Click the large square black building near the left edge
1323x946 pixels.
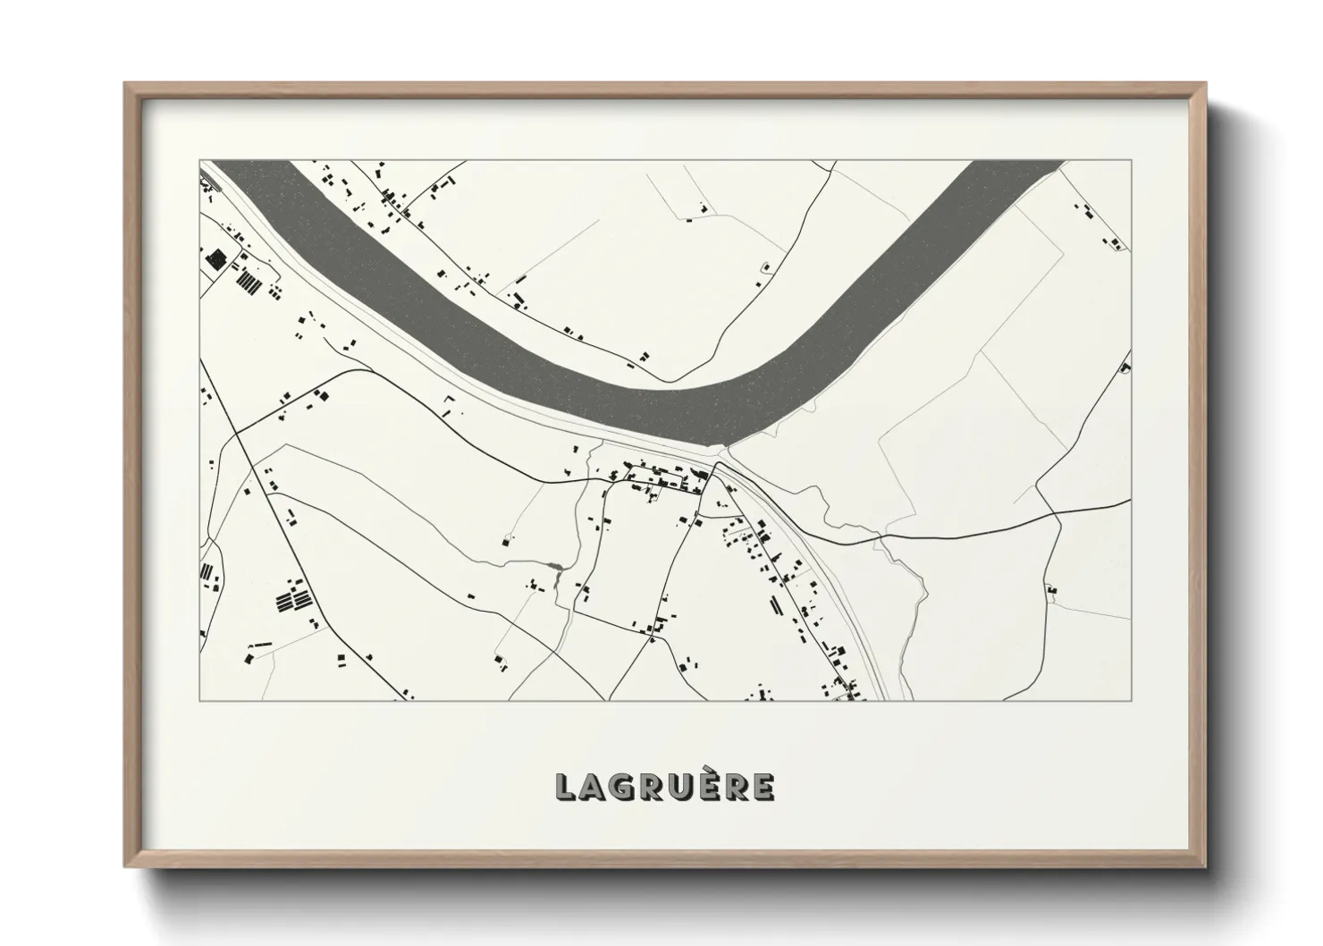coord(215,258)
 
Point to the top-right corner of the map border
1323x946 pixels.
coord(1131,160)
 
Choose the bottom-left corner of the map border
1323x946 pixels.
coord(199,700)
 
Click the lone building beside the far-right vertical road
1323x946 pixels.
coord(1051,589)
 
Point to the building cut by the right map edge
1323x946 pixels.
coord(1126,367)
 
